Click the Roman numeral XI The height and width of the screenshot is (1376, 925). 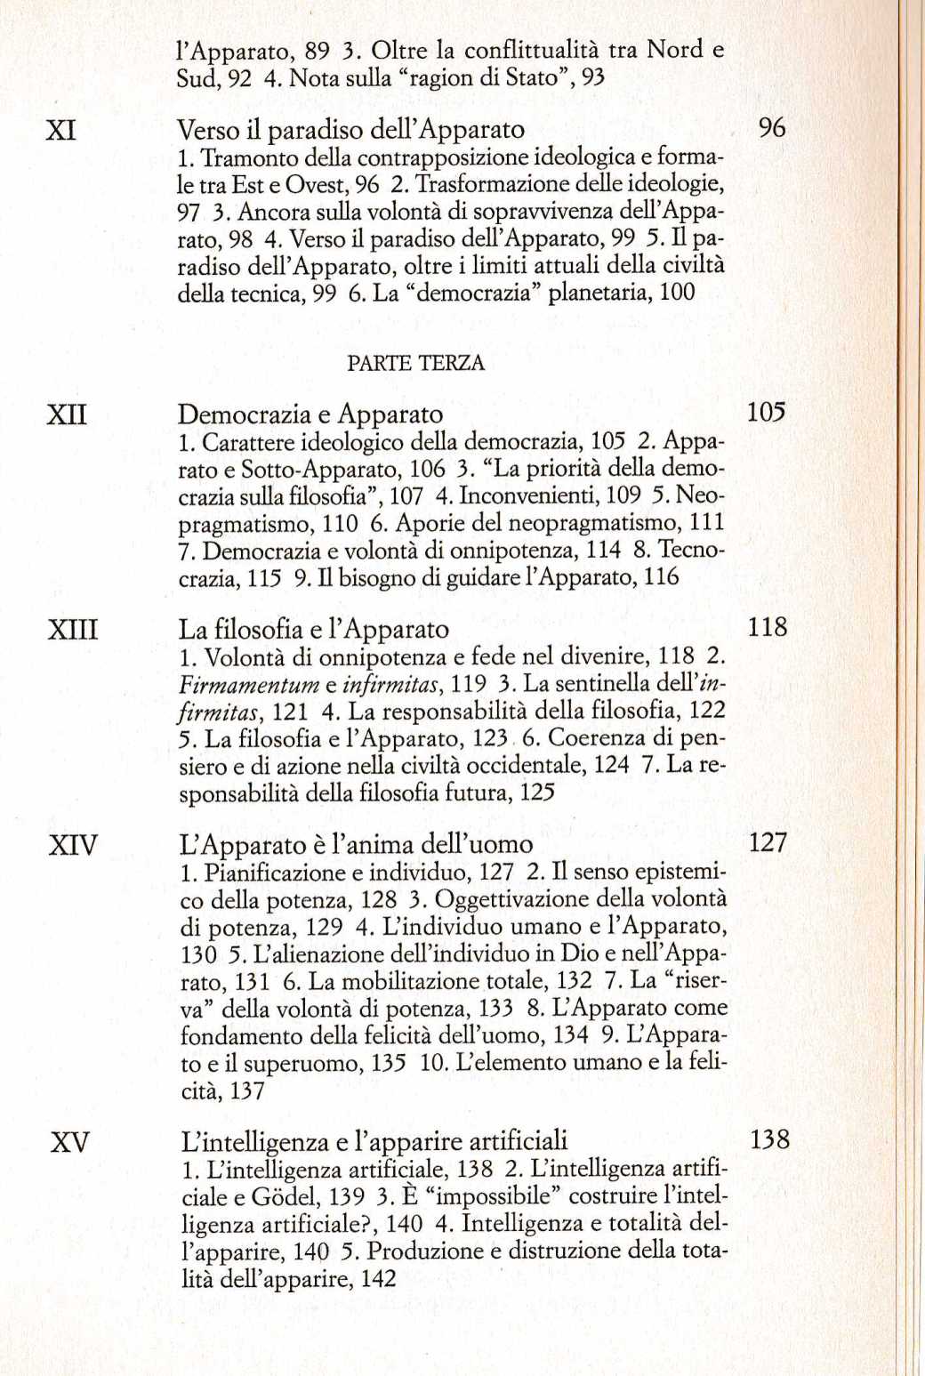tap(60, 131)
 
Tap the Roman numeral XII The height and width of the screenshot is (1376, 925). tap(67, 414)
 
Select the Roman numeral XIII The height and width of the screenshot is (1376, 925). tap(73, 630)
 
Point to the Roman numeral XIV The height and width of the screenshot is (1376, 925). tap(73, 844)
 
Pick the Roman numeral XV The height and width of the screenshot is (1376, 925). tap(70, 1142)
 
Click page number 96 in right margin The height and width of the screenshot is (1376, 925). tap(771, 128)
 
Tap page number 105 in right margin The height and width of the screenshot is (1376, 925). tap(766, 412)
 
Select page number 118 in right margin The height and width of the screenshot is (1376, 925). tap(767, 627)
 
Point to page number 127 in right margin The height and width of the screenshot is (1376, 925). tap(768, 841)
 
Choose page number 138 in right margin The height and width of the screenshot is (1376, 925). tap(769, 1139)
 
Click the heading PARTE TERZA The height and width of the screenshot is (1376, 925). tap(415, 363)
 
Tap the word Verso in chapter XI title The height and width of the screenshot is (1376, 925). tap(208, 131)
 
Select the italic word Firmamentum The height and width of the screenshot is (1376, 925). tap(249, 684)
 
